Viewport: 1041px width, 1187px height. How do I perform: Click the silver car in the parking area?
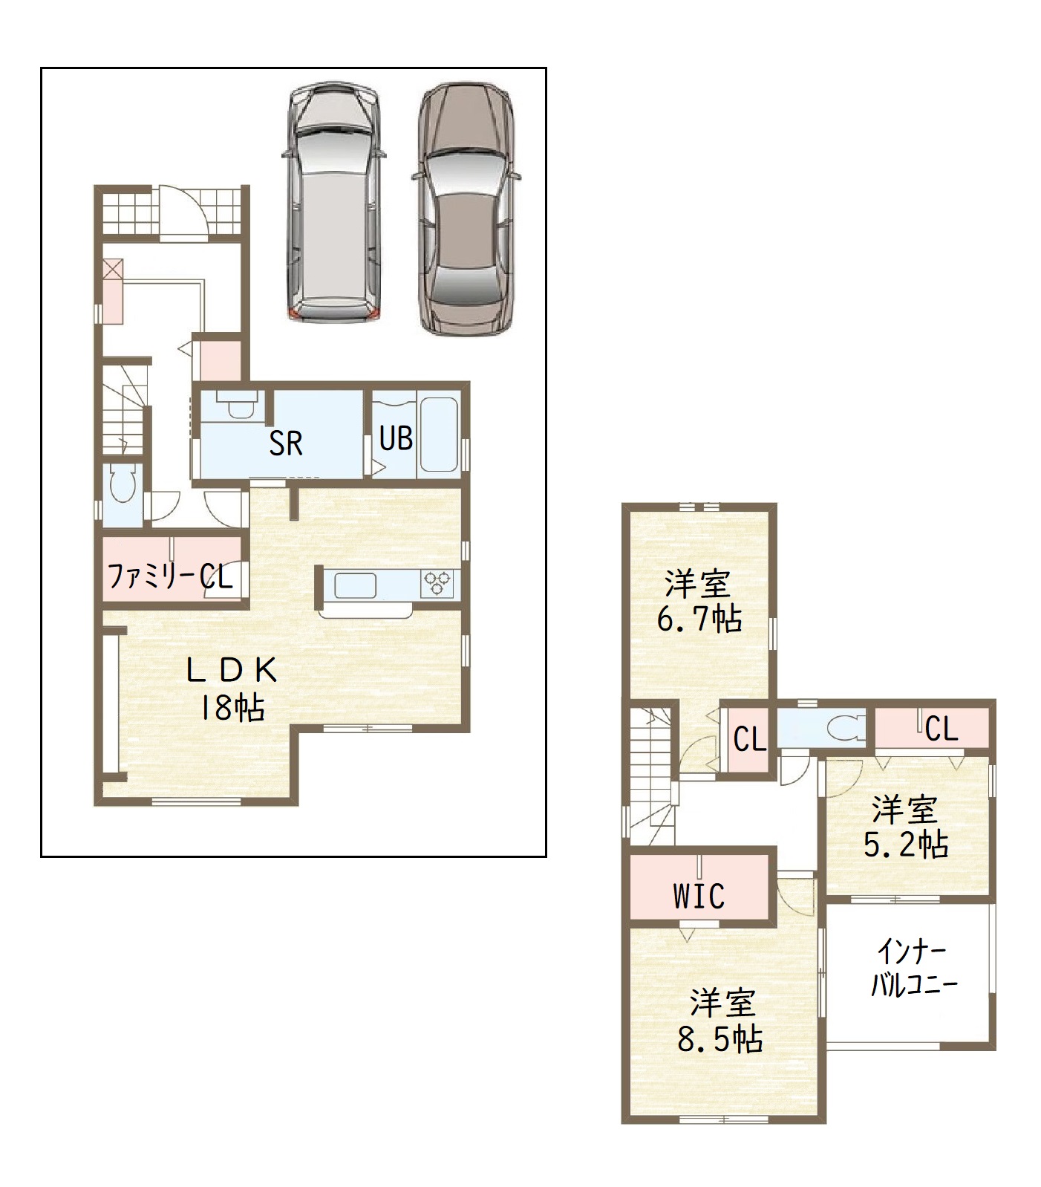point(333,201)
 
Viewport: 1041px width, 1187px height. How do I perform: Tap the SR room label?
point(286,443)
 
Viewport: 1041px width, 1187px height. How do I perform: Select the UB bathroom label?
point(396,438)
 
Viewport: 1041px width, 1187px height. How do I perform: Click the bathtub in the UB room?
point(439,435)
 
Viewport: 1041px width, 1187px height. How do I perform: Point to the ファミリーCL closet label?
point(171,576)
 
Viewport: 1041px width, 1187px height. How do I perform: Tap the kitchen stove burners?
point(438,582)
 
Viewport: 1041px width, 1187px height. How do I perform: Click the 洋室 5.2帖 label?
point(906,827)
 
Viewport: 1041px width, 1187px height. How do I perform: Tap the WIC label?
point(699,896)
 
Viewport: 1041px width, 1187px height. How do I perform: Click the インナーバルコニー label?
point(913,968)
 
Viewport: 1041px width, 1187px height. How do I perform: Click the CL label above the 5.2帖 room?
point(942,729)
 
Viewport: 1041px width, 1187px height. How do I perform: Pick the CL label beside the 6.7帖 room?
point(750,740)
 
